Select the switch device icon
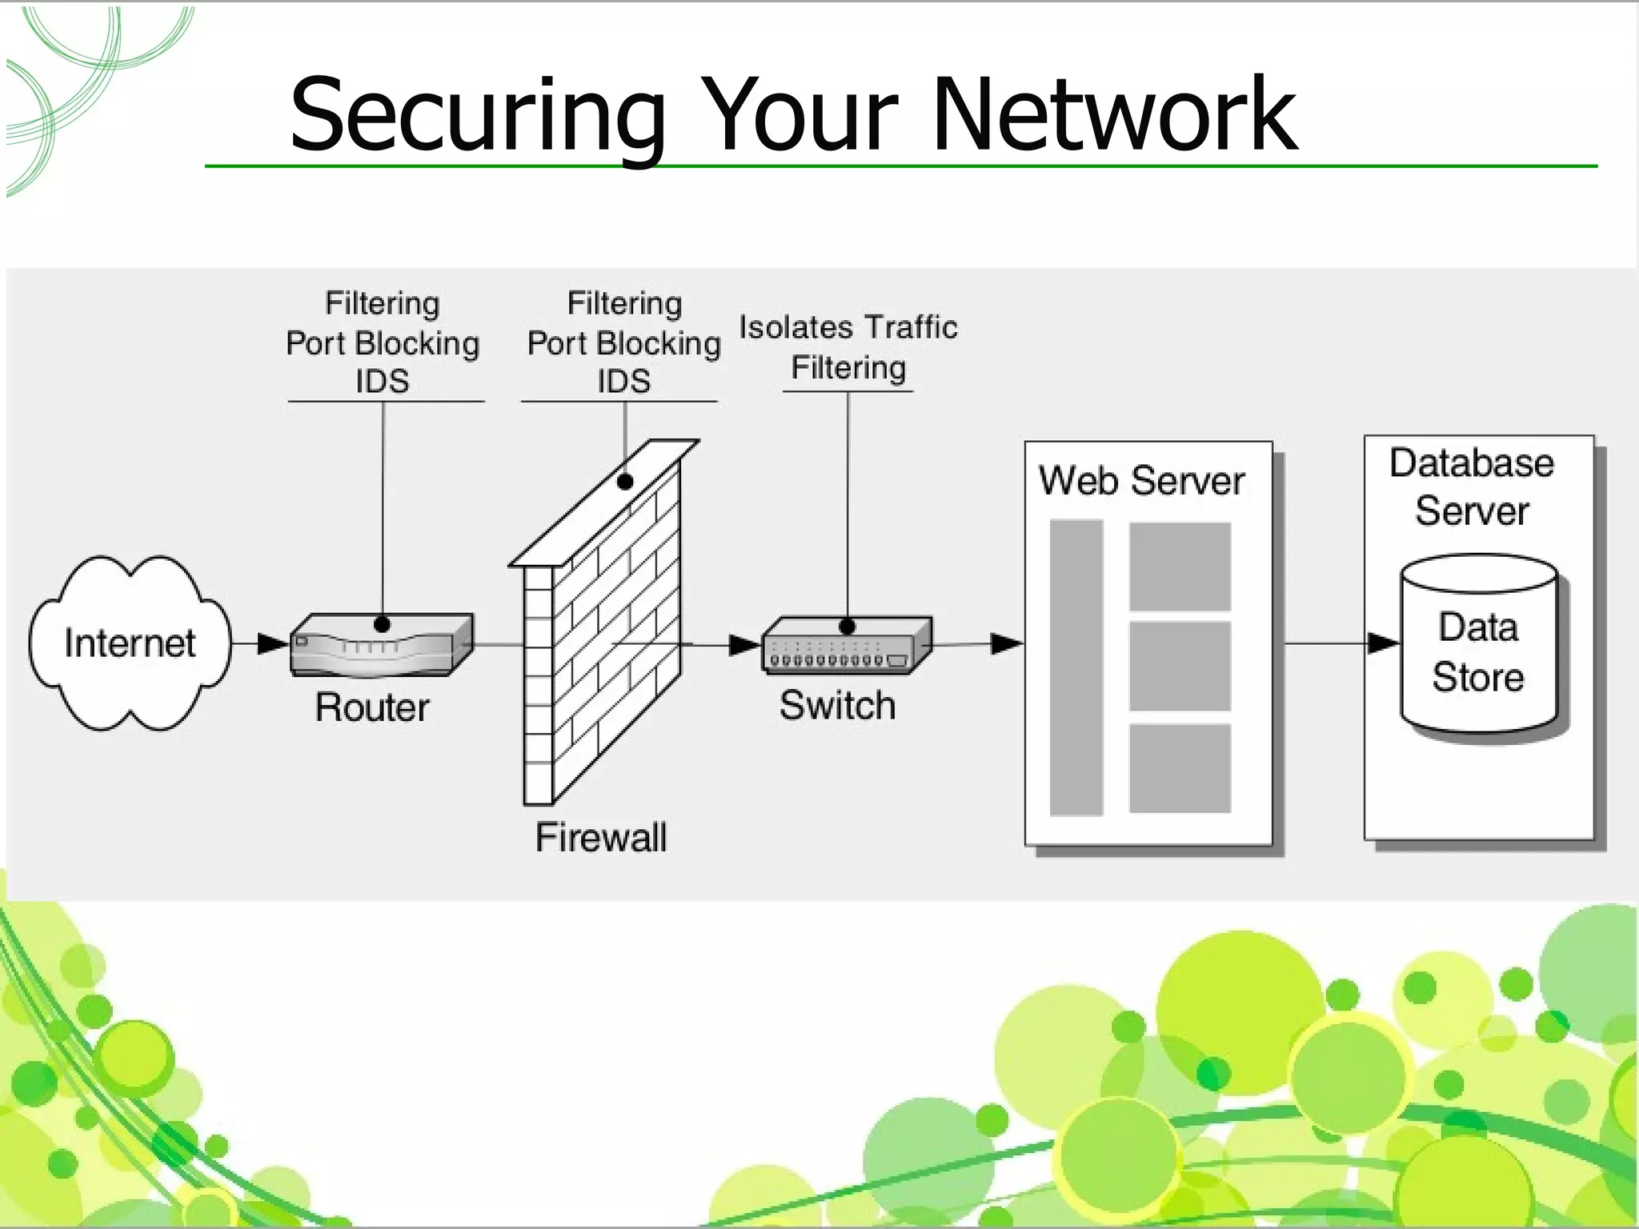point(847,645)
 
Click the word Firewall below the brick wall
point(600,838)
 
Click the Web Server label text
point(1141,481)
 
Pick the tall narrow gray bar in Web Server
point(1076,667)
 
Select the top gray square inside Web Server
point(1180,566)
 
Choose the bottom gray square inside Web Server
point(1180,768)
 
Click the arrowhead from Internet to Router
point(274,643)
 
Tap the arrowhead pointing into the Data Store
point(1383,643)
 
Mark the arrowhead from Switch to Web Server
point(1006,643)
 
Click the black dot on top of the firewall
point(625,482)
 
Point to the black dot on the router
point(383,624)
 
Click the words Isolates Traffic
point(848,327)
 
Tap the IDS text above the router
point(383,381)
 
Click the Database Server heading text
point(1472,486)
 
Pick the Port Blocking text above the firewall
point(623,343)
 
